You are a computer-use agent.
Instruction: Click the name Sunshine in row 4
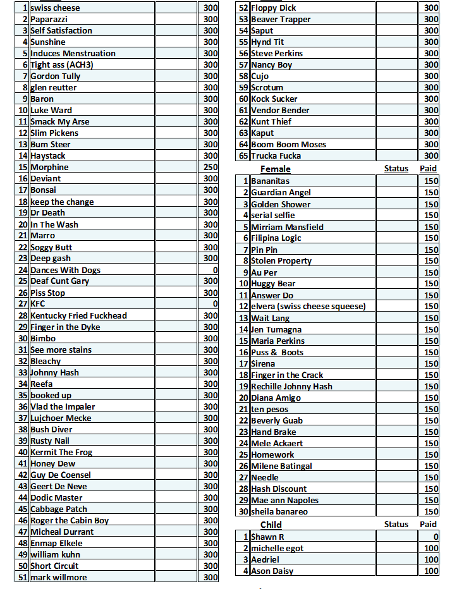[48, 42]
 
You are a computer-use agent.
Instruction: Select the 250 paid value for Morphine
[211, 168]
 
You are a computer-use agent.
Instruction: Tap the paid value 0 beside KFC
[215, 304]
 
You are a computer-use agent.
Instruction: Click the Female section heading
[276, 169]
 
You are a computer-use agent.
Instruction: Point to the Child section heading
[271, 525]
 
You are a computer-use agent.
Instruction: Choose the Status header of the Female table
[396, 169]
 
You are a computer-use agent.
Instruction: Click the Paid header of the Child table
[428, 524]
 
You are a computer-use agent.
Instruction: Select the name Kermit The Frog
[61, 453]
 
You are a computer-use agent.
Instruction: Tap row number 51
[22, 578]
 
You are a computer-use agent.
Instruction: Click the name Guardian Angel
[281, 193]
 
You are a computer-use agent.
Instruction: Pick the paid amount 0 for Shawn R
[436, 537]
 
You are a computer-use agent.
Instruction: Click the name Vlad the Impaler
[63, 407]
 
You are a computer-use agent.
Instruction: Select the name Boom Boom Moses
[288, 145]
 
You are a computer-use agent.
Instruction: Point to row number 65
[243, 156]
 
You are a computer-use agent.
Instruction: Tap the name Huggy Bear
[273, 284]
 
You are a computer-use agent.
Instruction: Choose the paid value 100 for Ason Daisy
[431, 571]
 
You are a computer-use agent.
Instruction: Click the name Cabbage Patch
[59, 509]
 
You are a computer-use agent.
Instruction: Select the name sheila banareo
[279, 512]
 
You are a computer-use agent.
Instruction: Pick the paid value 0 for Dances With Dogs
[215, 271]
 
